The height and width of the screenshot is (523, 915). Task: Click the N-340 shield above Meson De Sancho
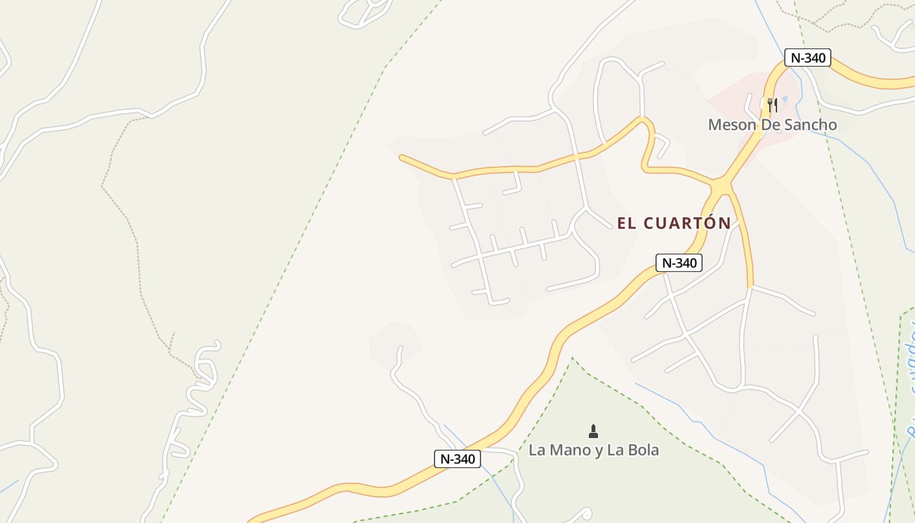coord(808,58)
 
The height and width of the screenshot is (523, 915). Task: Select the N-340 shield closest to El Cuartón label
coord(679,263)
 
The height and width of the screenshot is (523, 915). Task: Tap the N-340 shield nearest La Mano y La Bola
coord(457,459)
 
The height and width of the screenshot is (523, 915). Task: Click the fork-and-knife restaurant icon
coord(772,105)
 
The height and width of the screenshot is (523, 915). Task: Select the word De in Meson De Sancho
coord(765,125)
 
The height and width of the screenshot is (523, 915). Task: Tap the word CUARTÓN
coord(688,224)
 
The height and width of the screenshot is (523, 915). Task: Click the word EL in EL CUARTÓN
coord(627,224)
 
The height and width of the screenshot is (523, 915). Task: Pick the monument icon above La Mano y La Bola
coord(593,431)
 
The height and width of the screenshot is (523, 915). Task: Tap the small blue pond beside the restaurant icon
coord(785,99)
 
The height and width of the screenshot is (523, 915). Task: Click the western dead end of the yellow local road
coord(402,157)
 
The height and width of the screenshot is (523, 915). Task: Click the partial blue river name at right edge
coord(908,379)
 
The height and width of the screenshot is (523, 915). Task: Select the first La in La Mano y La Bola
coord(537,450)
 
